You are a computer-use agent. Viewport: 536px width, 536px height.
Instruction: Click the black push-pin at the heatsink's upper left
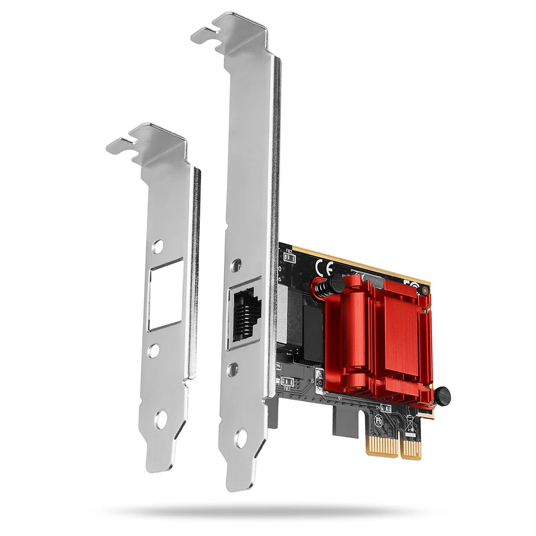click(x=333, y=284)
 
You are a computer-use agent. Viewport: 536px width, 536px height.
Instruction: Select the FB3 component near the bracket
click(x=286, y=382)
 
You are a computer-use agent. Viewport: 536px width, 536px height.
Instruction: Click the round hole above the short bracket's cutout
click(x=157, y=247)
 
